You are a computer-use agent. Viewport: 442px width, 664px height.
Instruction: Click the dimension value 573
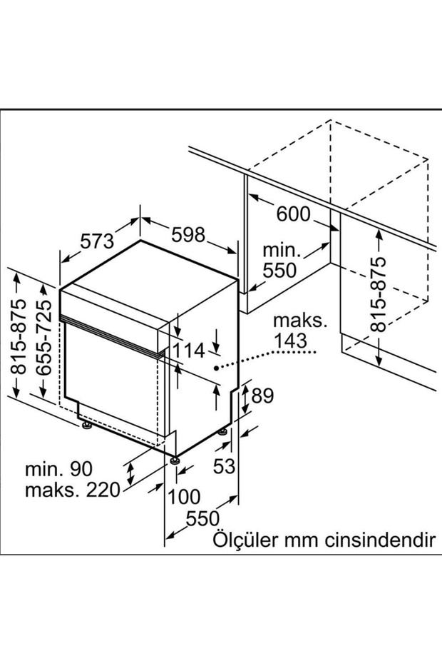pos(97,241)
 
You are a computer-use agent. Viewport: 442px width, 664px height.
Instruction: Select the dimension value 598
pos(187,234)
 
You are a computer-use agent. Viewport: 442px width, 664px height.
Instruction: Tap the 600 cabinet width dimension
pos(293,213)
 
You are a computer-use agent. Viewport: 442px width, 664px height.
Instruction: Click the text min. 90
pos(59,469)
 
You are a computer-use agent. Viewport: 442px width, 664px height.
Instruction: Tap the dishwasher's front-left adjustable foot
pos(86,426)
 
